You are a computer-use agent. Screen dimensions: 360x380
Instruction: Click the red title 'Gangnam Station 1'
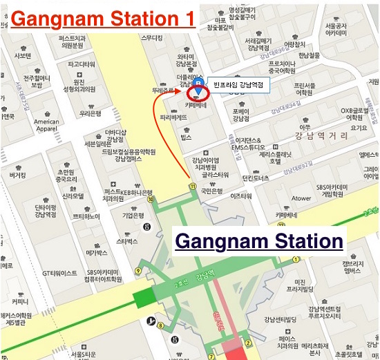pos(102,19)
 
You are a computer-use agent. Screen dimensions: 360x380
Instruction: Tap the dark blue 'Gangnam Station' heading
pos(259,241)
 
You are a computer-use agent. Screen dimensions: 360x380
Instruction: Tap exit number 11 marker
pos(191,184)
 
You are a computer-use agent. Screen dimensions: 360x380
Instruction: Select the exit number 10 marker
pos(150,198)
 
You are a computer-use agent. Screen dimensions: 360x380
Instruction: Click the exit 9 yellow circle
pos(139,270)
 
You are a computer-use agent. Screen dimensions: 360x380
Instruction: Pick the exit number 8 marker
pos(160,325)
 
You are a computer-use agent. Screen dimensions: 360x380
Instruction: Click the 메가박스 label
pos(96,253)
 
